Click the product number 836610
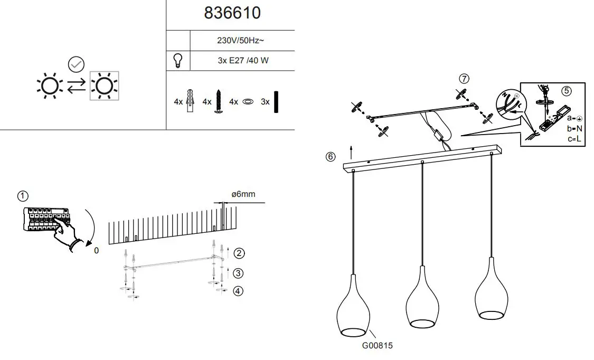coord(232,13)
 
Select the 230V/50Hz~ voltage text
coord(241,40)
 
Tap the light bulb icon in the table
coord(178,60)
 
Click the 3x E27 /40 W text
coord(243,60)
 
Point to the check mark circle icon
coord(77,64)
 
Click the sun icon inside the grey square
coord(104,85)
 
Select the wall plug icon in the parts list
coord(192,100)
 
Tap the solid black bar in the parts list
coord(276,101)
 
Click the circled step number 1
coord(22,196)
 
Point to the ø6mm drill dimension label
coord(243,194)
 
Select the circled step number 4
coord(239,291)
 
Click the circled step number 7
coord(464,79)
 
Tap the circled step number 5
coord(566,90)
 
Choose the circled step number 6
coord(331,157)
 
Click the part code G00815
coord(378,346)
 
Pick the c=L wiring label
coord(574,138)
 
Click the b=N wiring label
coord(574,128)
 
